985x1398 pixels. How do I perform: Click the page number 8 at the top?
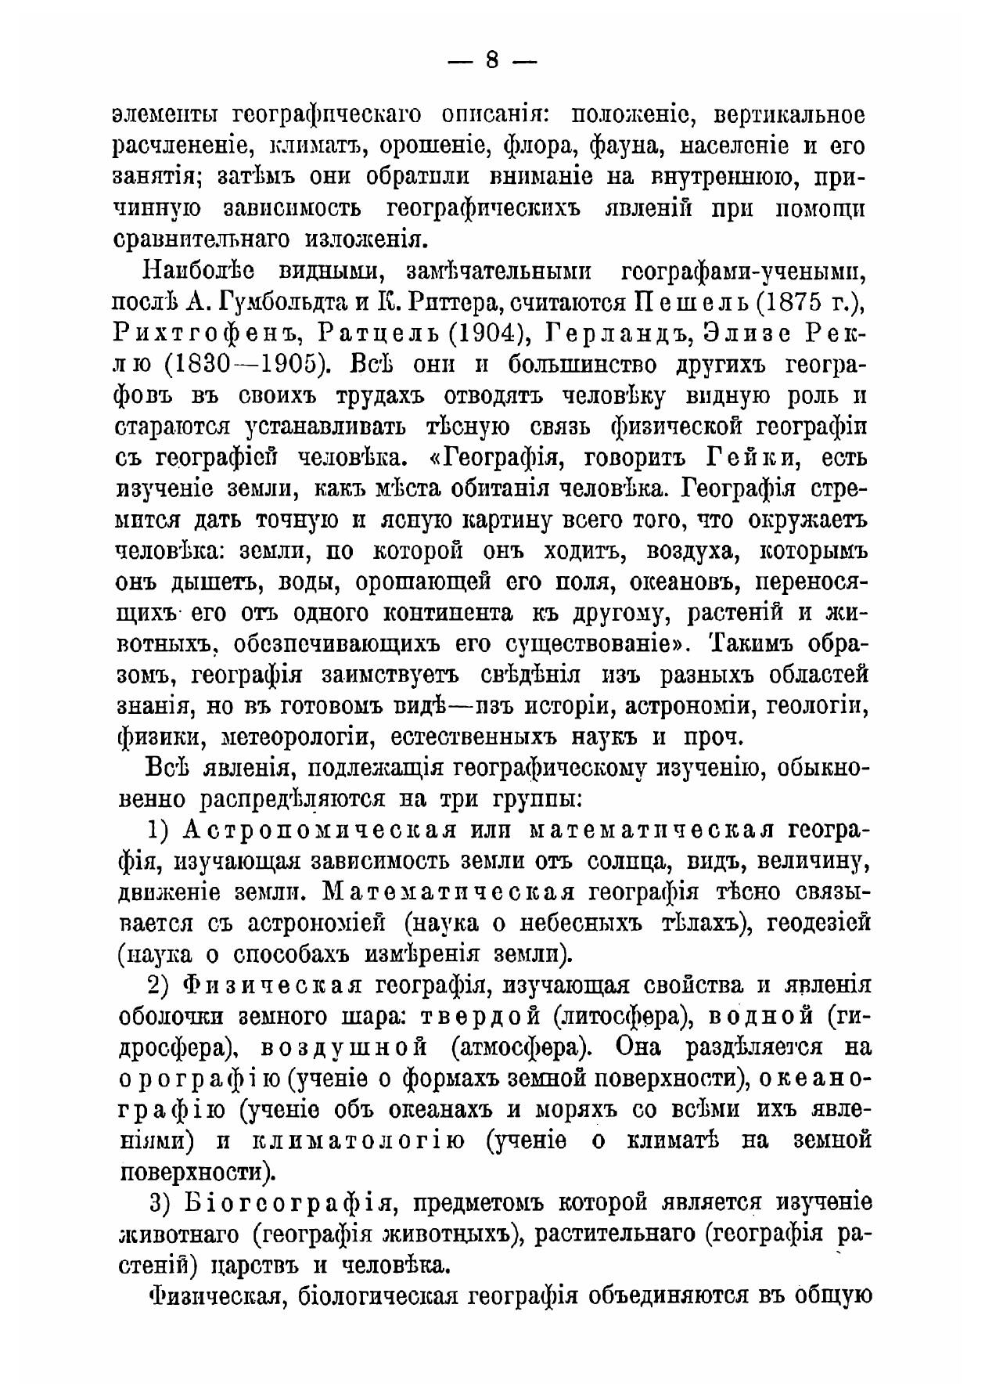click(491, 61)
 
